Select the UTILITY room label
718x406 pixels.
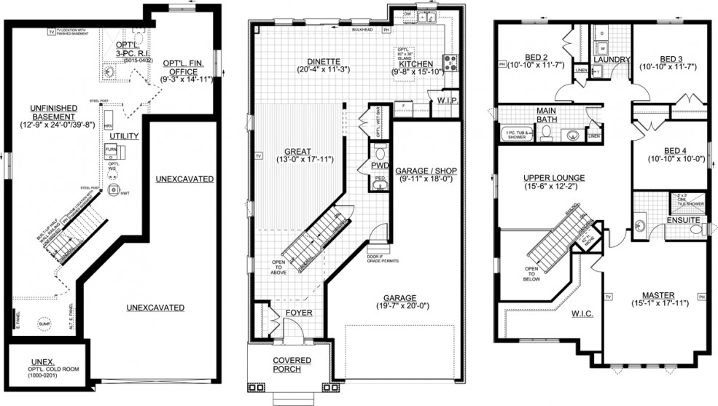point(120,136)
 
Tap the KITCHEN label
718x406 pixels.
point(416,64)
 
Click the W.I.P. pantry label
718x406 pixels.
point(446,99)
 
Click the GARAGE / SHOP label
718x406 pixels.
point(426,171)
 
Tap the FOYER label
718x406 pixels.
point(299,315)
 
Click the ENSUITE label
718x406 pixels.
point(682,219)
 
